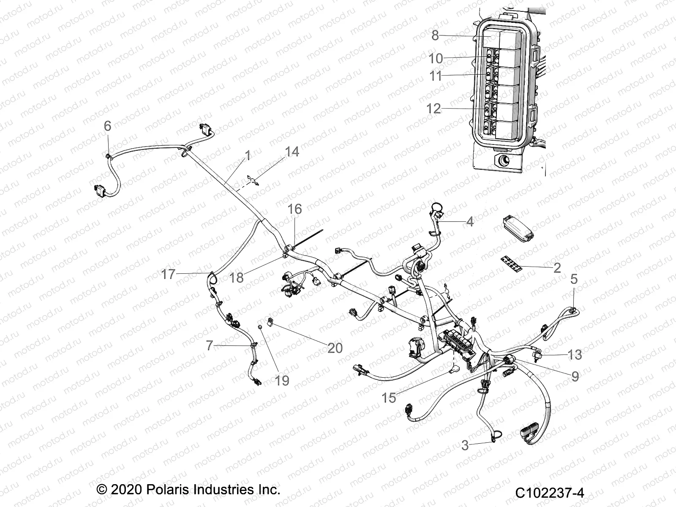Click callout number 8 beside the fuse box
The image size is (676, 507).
(435, 35)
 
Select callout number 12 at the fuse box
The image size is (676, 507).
(434, 109)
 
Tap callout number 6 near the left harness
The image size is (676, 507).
(107, 125)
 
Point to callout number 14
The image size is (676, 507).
(292, 152)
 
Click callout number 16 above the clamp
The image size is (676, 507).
(295, 209)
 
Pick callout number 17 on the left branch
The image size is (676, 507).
(168, 274)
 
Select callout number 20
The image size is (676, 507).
(335, 348)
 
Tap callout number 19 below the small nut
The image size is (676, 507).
(282, 380)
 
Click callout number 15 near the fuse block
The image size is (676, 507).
(389, 398)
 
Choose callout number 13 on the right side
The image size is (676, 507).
(575, 354)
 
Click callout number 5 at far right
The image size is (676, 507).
(574, 279)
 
